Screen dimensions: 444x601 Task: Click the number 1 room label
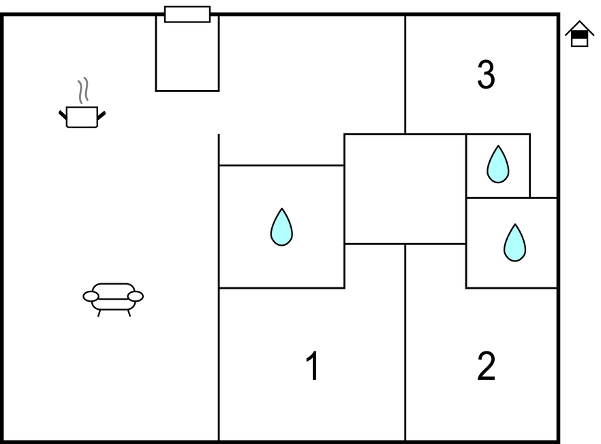(312, 366)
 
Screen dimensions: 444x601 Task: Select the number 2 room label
(486, 366)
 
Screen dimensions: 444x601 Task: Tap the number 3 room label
(486, 75)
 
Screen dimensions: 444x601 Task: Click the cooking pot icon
(82, 116)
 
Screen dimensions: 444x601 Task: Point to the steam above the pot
(82, 91)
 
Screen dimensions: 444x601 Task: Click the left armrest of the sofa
(91, 296)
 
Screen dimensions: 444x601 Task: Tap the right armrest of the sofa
(136, 296)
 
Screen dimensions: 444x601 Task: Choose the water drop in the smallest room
(498, 164)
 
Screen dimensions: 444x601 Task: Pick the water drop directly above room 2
(514, 242)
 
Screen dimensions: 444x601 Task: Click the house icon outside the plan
(579, 34)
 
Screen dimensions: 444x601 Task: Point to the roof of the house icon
(579, 27)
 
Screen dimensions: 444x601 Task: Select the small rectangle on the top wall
(187, 14)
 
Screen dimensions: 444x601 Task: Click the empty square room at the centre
(405, 189)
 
